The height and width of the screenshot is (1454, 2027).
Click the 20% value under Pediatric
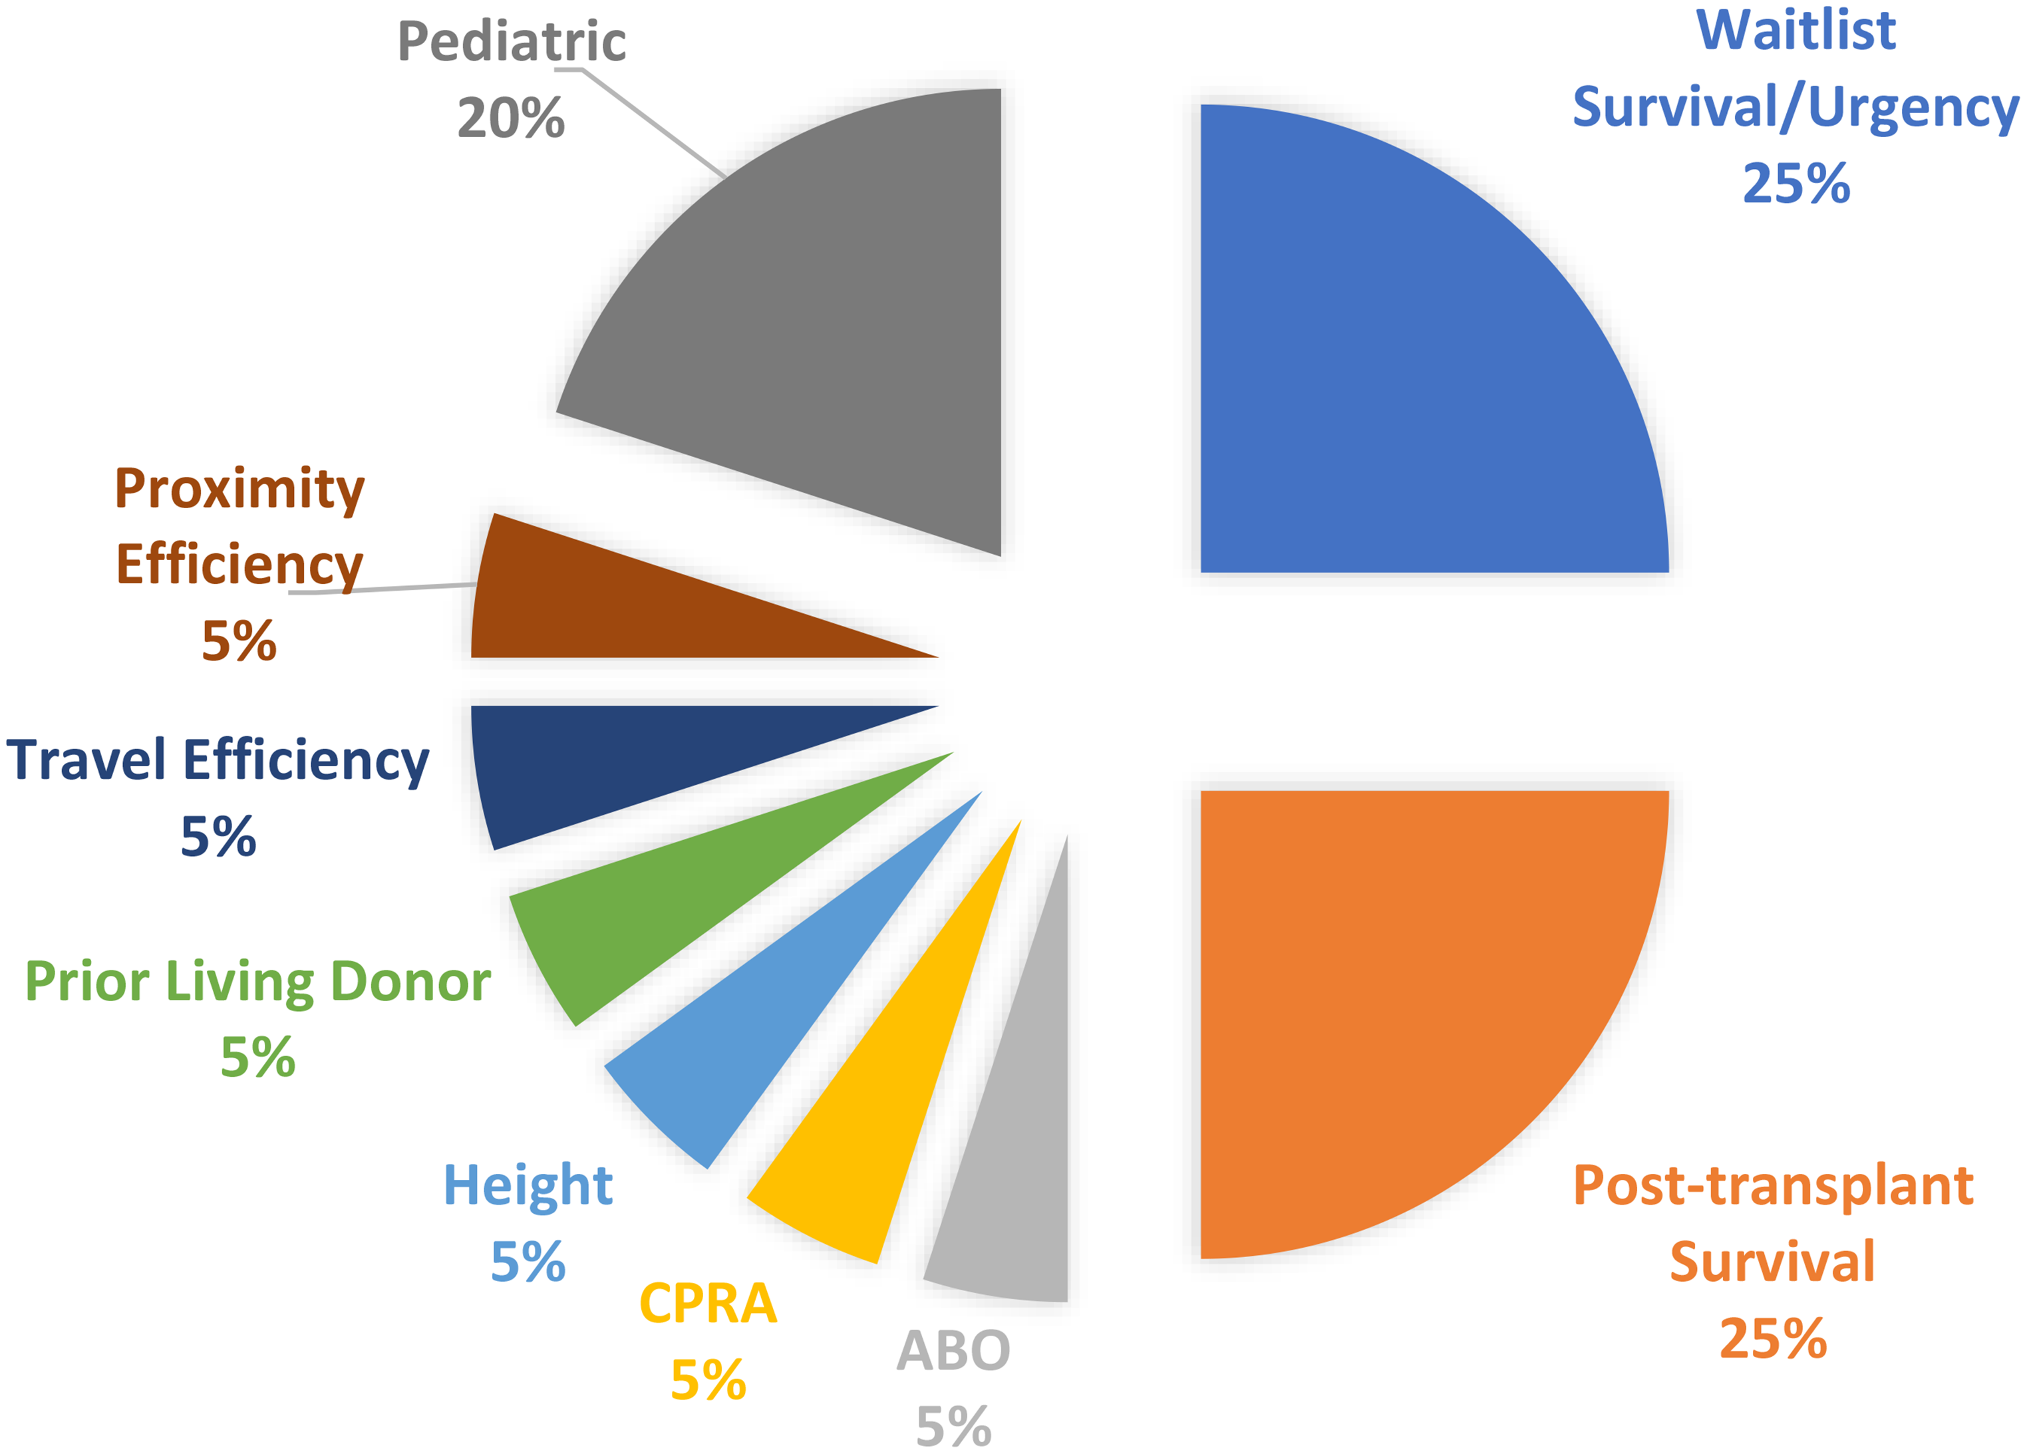(511, 119)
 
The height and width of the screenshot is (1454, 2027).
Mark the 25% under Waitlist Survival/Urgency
(1796, 184)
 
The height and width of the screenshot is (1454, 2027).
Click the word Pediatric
(511, 42)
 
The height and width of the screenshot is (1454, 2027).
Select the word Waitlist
(1796, 31)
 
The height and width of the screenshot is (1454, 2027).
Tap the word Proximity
(239, 490)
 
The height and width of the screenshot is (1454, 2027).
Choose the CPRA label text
(708, 1303)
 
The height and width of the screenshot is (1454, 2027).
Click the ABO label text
(953, 1350)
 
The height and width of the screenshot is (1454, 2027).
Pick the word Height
(528, 1186)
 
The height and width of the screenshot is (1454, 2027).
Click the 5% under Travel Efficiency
(219, 837)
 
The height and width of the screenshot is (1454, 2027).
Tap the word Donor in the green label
(410, 981)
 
